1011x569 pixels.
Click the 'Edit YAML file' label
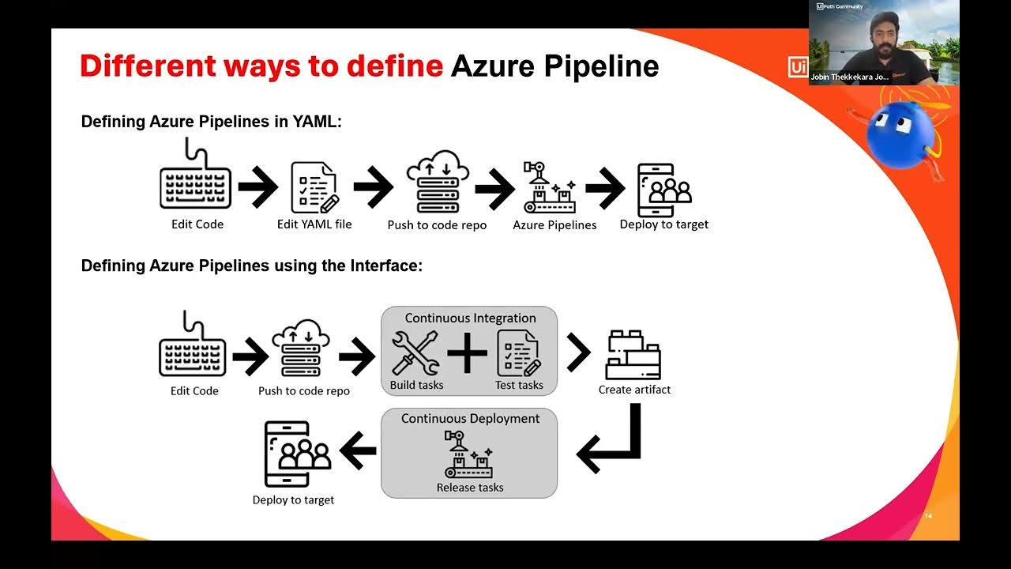click(x=314, y=224)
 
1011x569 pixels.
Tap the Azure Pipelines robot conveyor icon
click(x=549, y=187)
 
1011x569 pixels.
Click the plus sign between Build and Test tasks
click(x=468, y=353)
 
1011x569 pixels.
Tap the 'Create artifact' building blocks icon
click(x=633, y=355)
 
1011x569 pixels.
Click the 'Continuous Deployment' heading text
click(x=470, y=419)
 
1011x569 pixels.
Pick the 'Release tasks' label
click(x=470, y=488)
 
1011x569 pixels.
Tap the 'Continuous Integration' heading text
click(x=470, y=318)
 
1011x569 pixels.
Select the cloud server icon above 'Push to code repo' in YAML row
click(x=437, y=182)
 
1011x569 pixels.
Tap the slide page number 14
click(x=928, y=517)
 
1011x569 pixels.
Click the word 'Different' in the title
click(x=149, y=67)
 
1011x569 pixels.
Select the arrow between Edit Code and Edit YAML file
click(x=257, y=187)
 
